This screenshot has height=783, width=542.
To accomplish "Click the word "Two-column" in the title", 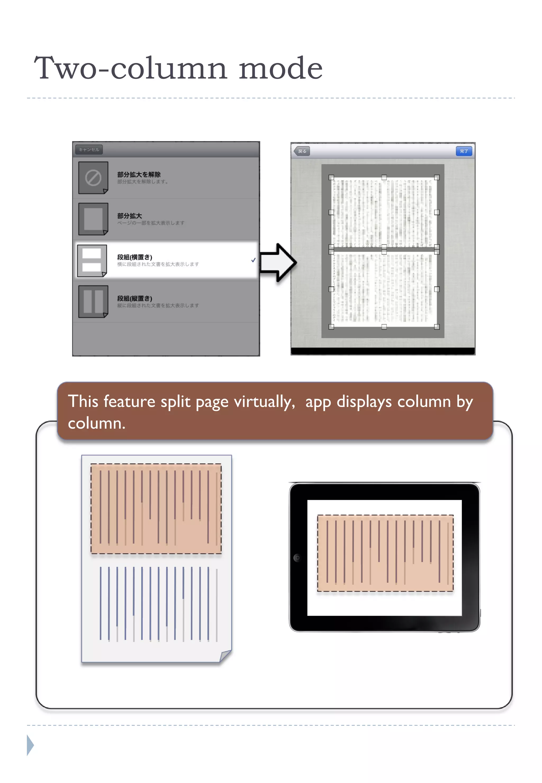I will pos(131,68).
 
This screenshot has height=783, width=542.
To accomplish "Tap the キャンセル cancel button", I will pos(89,150).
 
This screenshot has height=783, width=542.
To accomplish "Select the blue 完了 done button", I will pos(464,151).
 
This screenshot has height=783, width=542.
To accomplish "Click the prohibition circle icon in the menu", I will pos(93,178).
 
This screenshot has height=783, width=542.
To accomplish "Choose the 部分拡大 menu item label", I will pos(130,216).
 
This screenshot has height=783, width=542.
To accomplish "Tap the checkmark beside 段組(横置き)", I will pos(253,260).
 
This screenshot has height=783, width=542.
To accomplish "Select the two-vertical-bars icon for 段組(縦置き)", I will pos(93,301).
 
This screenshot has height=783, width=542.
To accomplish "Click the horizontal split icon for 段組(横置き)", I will pos(92,260).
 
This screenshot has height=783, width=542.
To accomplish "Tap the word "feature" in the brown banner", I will pos(129,402).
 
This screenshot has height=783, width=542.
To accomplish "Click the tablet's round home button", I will pos(297,558).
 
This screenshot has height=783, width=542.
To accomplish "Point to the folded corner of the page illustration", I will pos(225,656).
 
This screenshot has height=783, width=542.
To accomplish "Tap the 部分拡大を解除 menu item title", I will pos(139,175).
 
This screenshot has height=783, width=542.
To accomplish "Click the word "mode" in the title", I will pos(281,68).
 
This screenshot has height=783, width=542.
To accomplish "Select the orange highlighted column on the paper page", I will pos(156,509).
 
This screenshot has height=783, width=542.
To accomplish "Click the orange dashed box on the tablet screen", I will pos(385,553).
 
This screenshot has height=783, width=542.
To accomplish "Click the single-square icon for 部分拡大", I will pos(93,219).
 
